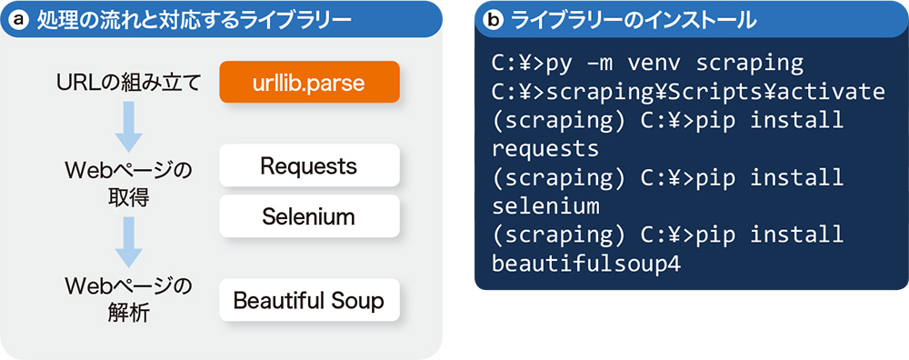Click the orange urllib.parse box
(x=310, y=82)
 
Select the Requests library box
(x=310, y=165)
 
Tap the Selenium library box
(x=310, y=216)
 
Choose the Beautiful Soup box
(x=310, y=300)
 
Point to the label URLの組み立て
(x=129, y=83)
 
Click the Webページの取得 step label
(x=128, y=184)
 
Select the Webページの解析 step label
(x=128, y=300)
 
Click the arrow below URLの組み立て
(x=128, y=126)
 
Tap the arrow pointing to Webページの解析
(x=128, y=242)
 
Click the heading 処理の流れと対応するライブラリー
(x=194, y=20)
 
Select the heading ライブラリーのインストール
(x=633, y=20)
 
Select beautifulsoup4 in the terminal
(x=585, y=264)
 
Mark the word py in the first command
(x=557, y=65)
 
